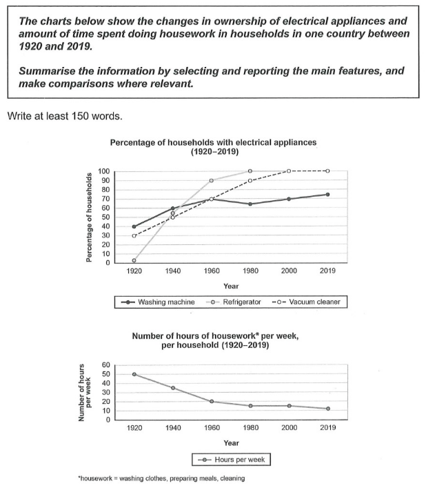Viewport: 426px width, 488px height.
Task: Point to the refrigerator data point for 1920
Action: tap(134, 260)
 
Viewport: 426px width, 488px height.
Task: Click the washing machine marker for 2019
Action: tap(327, 195)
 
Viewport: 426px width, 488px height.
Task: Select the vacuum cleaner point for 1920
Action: tap(134, 235)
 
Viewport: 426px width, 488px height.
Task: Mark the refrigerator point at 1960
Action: tap(211, 180)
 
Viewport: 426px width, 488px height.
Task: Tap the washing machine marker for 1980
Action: tap(250, 204)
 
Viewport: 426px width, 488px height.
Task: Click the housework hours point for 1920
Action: tap(134, 374)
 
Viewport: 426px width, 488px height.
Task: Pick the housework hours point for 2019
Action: tap(327, 409)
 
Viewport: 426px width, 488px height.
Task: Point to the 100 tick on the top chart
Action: tap(104, 171)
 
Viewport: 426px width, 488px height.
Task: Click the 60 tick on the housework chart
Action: tap(105, 365)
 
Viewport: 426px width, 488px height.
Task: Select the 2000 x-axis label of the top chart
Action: tap(288, 272)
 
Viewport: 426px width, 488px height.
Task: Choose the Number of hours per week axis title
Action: tap(85, 392)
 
